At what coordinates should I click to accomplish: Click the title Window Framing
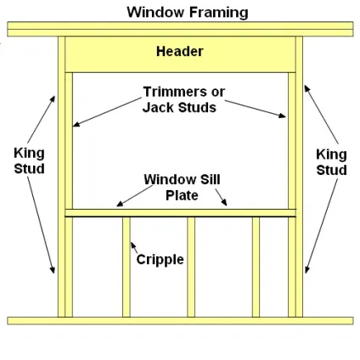point(188,13)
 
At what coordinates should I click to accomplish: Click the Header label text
point(180,52)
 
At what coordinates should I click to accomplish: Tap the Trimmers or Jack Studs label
point(183,99)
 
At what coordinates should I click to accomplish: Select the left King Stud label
point(29,160)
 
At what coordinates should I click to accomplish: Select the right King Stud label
point(331,162)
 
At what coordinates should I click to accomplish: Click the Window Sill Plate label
point(182,188)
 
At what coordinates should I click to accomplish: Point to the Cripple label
point(160,260)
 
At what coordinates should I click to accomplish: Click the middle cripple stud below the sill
point(191,267)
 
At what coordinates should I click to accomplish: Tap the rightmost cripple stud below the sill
point(256,267)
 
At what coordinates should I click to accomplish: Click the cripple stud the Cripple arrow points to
point(127,267)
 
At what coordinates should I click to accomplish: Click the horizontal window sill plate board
point(181,213)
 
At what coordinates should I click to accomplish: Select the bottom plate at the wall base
point(180,321)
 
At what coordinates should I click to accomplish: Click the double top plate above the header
point(180,29)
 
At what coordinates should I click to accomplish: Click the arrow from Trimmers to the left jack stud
point(107,112)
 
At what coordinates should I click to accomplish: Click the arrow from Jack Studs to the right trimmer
point(256,109)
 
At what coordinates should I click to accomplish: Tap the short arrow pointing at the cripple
point(134,248)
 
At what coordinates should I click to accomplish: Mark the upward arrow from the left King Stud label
point(42,120)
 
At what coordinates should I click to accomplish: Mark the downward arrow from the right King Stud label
point(321,226)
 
